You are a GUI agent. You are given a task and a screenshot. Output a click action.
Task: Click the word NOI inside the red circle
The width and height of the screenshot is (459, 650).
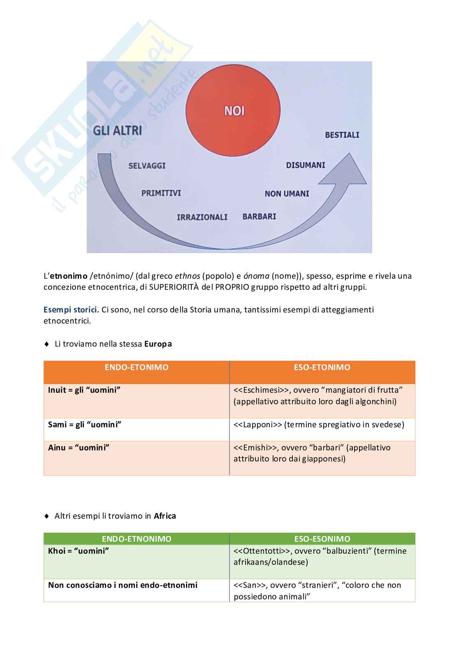(x=234, y=111)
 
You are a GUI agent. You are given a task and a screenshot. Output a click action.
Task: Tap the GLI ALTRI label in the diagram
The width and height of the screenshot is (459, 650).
(x=117, y=131)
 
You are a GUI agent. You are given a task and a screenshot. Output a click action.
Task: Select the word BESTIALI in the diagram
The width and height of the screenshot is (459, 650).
(x=342, y=135)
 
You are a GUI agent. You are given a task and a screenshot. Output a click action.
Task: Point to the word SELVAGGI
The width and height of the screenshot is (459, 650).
(x=147, y=165)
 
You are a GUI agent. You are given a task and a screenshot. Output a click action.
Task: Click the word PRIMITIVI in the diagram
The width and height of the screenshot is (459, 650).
(x=161, y=193)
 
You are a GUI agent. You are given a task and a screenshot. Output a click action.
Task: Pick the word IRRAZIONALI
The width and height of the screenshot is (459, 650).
(x=202, y=217)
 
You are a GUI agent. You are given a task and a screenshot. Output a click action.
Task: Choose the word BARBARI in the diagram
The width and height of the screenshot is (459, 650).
(x=259, y=217)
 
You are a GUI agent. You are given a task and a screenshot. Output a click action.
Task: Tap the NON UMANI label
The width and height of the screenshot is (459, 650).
(x=287, y=193)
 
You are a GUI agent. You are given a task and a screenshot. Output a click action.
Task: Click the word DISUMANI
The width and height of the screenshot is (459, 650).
(x=306, y=165)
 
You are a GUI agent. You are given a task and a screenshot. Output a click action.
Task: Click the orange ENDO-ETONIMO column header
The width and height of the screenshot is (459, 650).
(x=137, y=368)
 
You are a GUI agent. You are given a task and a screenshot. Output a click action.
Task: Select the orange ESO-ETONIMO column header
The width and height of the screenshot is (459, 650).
(x=322, y=368)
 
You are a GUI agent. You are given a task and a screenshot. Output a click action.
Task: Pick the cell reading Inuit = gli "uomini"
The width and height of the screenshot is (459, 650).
(x=84, y=390)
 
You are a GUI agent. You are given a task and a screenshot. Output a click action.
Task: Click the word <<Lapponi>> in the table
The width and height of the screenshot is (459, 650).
(x=257, y=424)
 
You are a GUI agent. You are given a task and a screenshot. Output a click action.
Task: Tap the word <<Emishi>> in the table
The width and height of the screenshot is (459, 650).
(x=255, y=447)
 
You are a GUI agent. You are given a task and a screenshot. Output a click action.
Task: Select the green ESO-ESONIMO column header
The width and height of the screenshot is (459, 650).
(x=322, y=539)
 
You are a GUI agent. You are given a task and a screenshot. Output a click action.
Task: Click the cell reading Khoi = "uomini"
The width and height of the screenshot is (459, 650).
(x=79, y=551)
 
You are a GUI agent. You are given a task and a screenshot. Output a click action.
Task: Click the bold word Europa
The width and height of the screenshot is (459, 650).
(x=158, y=344)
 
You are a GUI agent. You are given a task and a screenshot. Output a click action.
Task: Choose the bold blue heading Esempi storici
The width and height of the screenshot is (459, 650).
(x=71, y=310)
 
